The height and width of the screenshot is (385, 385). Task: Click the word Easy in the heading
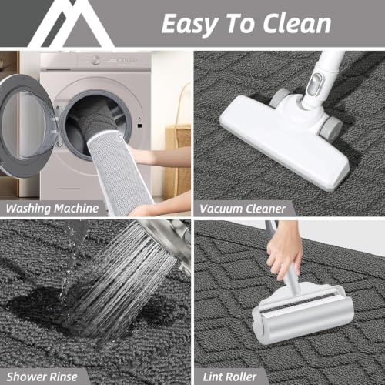(189, 25)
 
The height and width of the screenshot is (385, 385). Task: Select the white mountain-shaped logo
(72, 24)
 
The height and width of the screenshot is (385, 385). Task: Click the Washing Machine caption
(52, 208)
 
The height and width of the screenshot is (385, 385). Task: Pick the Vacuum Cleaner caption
(243, 209)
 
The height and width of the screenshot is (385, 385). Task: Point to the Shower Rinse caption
(42, 377)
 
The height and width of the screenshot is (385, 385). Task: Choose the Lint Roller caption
(229, 377)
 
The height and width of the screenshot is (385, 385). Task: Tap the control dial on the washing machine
(95, 60)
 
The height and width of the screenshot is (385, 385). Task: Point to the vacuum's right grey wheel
(332, 129)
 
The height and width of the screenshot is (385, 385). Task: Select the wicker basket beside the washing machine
(178, 160)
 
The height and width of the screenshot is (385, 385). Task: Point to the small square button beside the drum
(139, 126)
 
